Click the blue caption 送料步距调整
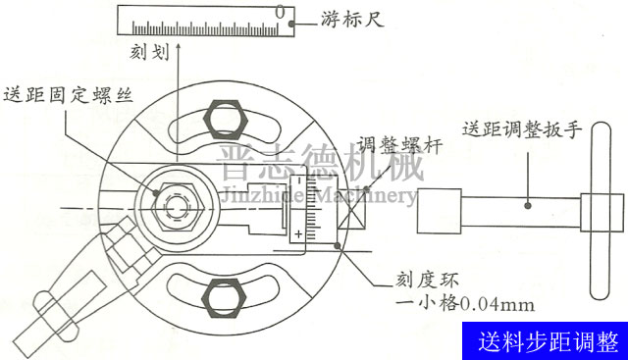point(549,342)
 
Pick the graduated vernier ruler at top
point(207,20)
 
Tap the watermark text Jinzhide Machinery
point(316,196)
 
